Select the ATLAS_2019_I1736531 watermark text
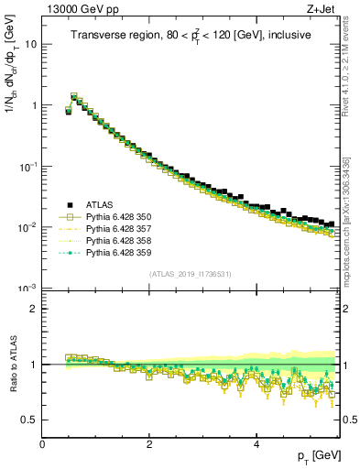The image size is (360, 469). (190, 273)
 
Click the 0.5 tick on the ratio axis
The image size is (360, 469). (28, 420)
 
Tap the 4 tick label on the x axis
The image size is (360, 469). (256, 442)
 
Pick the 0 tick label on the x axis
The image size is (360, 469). (42, 442)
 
